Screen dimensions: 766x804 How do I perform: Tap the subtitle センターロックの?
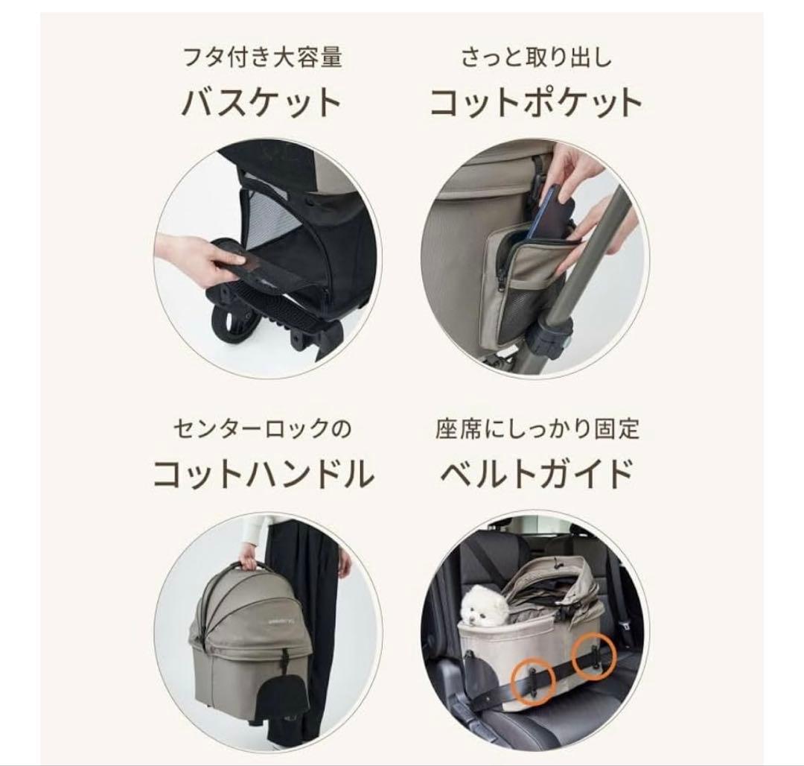tap(262, 429)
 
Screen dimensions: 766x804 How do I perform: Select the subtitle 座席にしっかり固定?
tap(536, 429)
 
